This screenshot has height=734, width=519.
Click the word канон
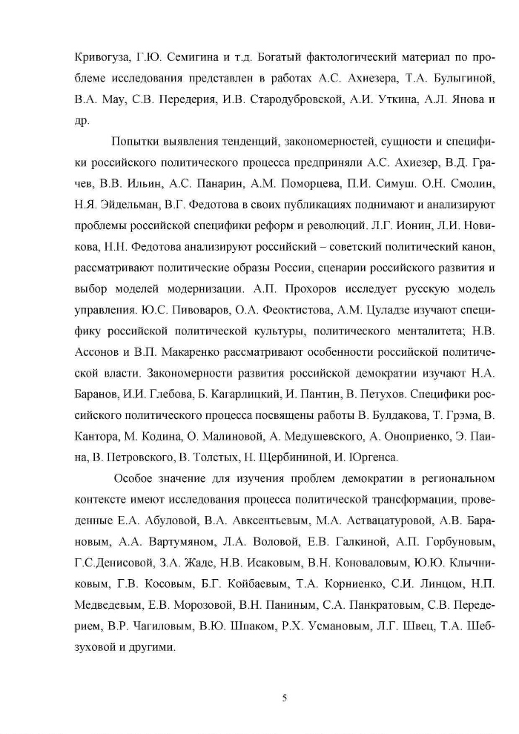tap(469, 244)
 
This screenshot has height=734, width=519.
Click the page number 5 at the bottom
tap(285, 696)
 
